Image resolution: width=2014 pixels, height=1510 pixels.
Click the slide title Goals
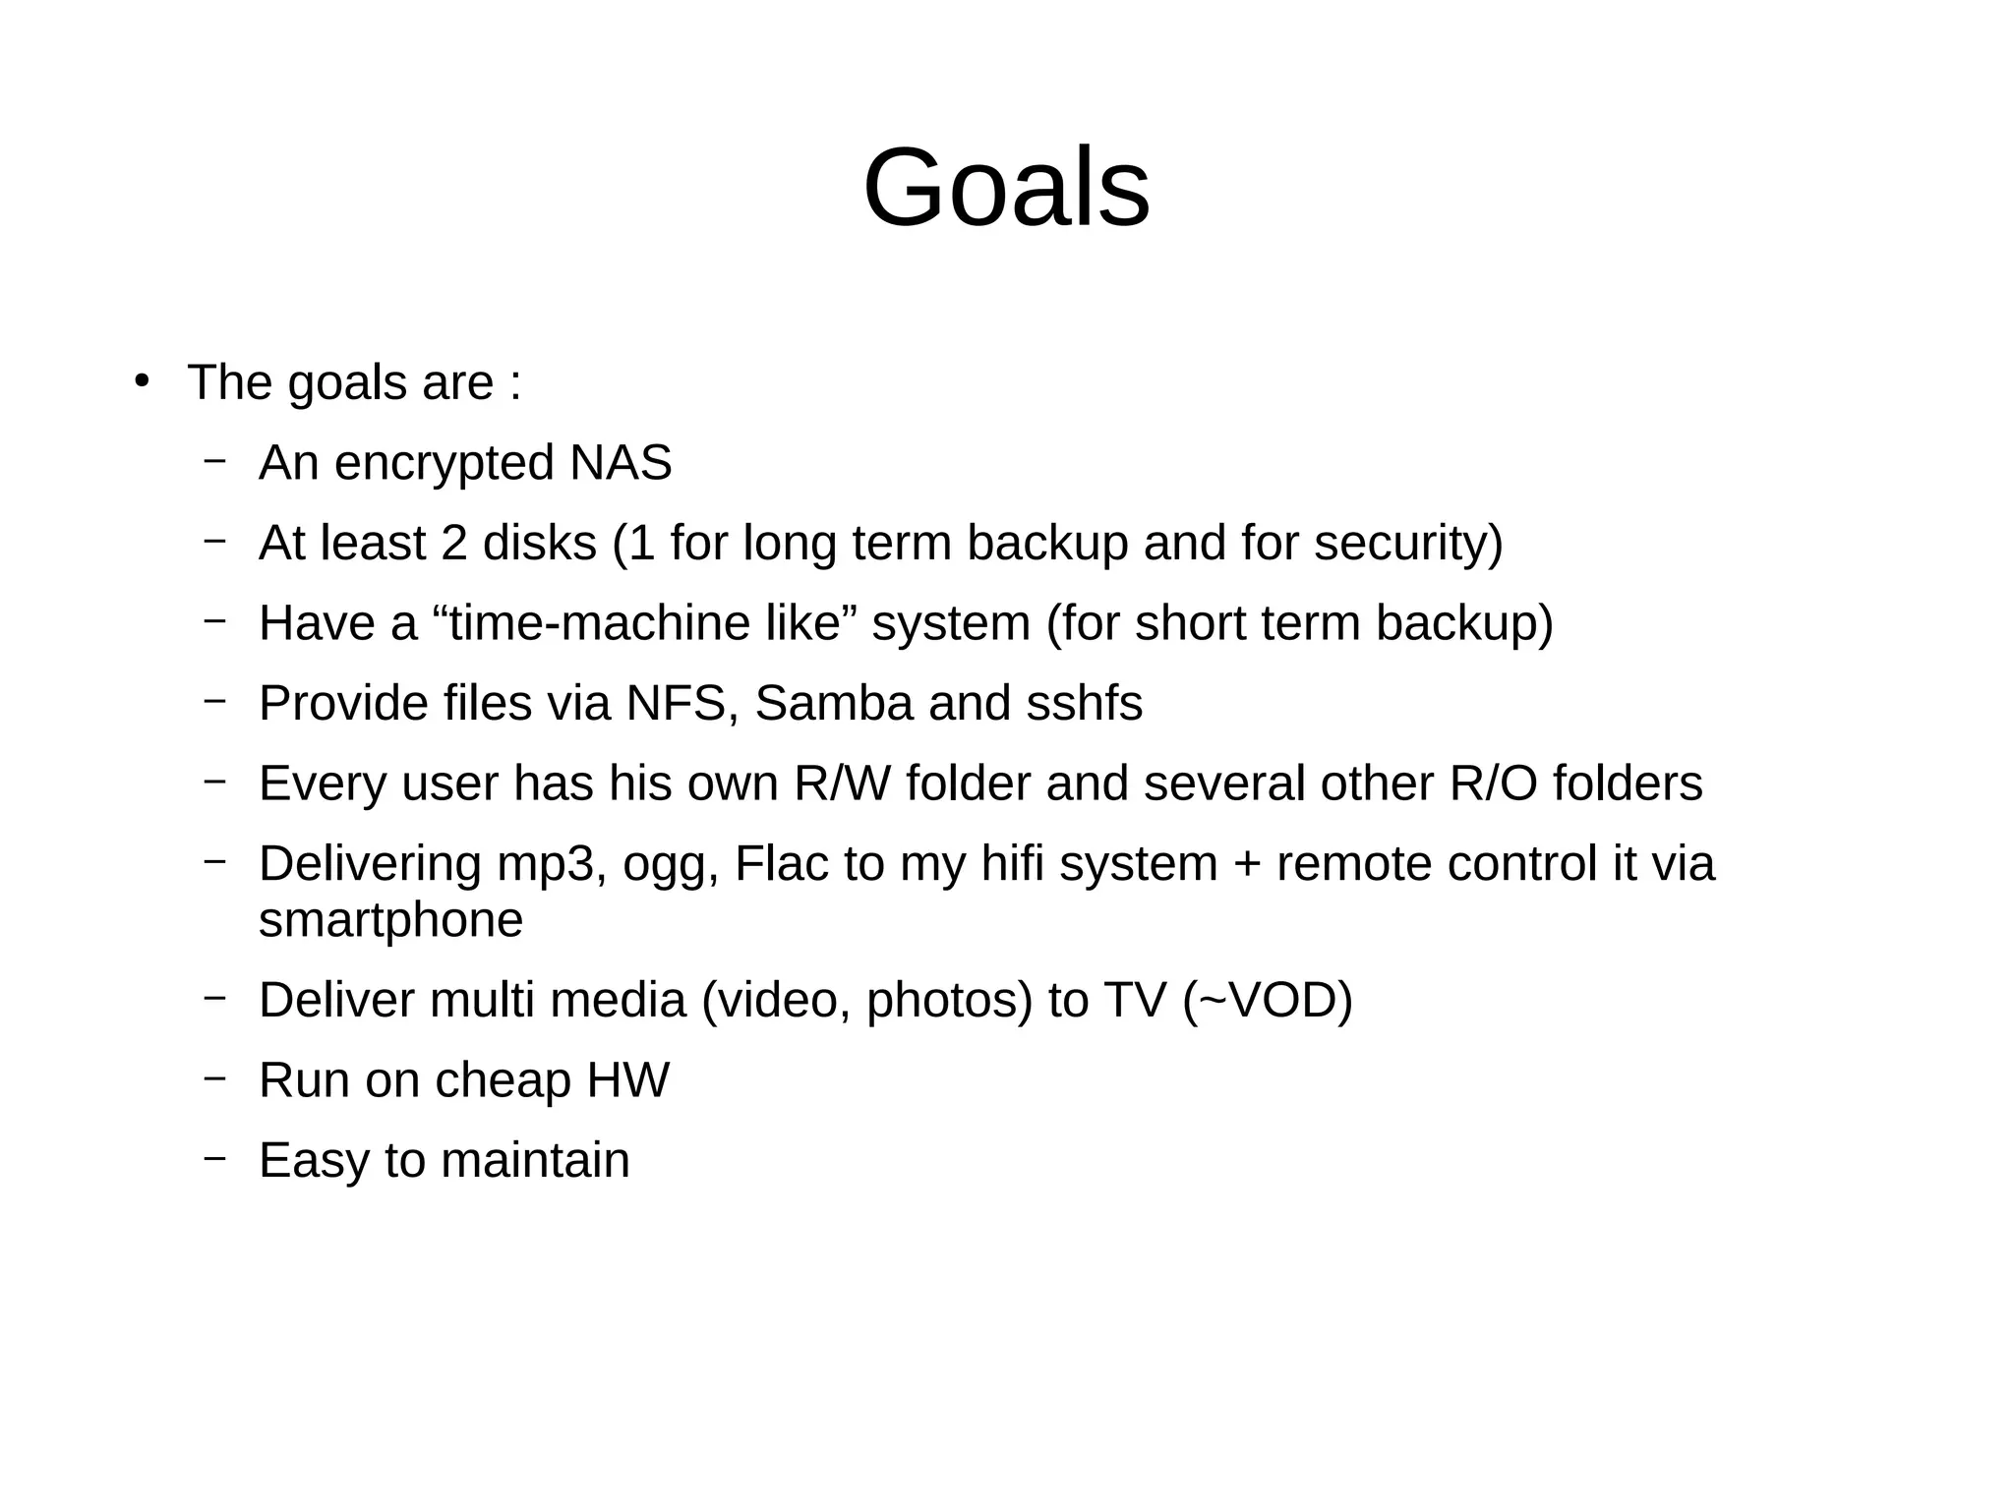(x=1006, y=188)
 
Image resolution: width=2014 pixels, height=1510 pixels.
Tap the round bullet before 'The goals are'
(x=142, y=381)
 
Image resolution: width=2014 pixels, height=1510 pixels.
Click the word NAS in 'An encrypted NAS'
(x=621, y=463)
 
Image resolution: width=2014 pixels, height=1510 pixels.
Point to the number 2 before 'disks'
(x=453, y=544)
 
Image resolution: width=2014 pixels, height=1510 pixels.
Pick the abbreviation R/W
(x=842, y=784)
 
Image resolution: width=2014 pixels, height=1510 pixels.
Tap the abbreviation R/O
(x=1493, y=784)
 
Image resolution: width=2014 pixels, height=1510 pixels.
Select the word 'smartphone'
(x=390, y=921)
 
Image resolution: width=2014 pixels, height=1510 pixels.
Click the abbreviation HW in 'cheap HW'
(x=627, y=1080)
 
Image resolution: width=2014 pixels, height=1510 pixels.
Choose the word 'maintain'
(x=535, y=1161)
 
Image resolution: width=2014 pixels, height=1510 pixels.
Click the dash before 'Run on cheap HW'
(x=214, y=1077)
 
